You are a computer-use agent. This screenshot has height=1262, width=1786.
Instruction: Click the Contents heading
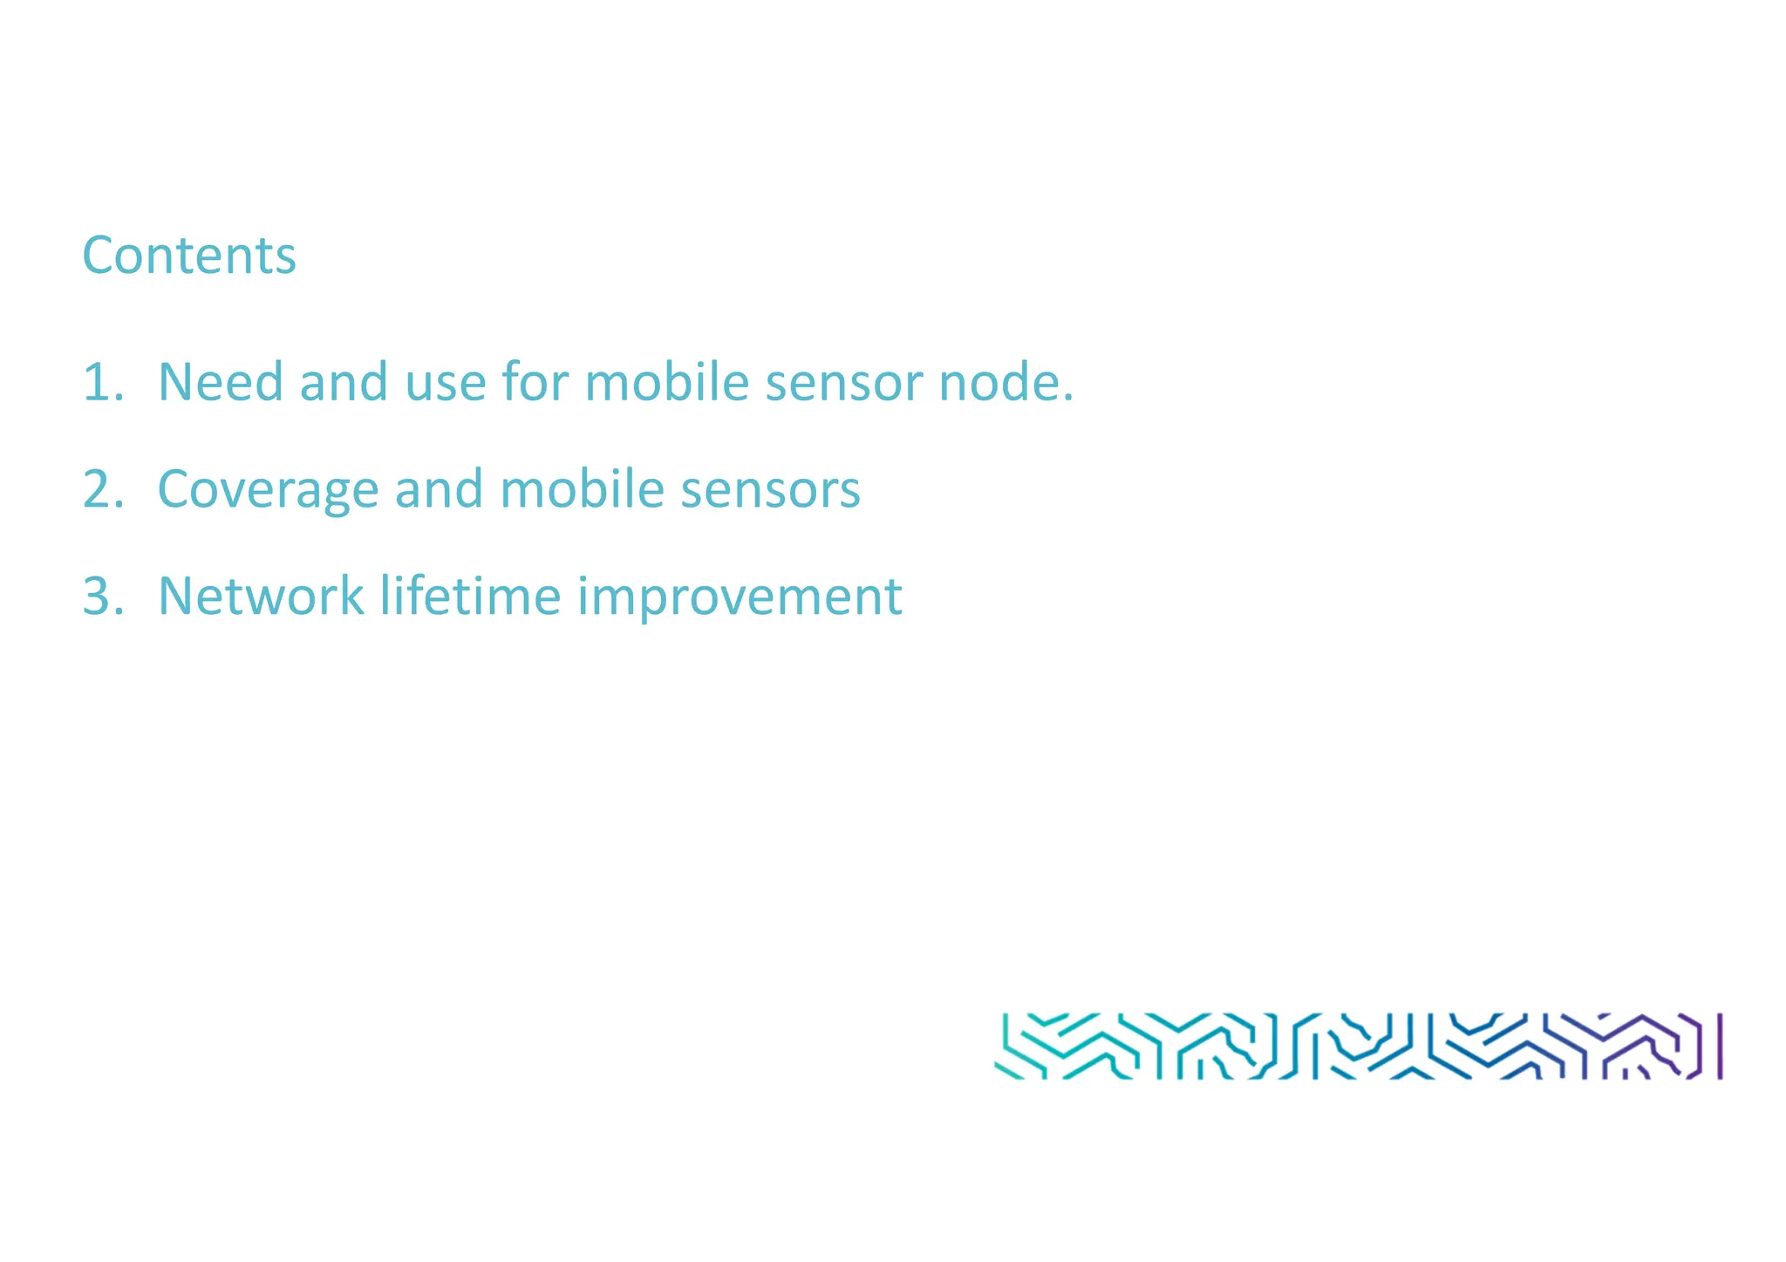point(189,256)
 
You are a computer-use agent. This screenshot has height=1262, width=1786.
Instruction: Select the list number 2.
point(102,489)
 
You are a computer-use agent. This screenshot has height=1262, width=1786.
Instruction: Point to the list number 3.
point(102,597)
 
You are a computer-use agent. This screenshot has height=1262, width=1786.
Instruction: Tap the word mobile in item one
point(666,383)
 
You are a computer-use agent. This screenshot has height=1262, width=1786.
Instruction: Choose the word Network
point(261,597)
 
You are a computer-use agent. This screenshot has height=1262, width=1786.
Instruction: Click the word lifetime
point(470,597)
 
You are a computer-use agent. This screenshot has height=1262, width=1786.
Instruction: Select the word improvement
point(740,598)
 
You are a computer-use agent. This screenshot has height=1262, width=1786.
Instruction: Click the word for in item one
point(535,383)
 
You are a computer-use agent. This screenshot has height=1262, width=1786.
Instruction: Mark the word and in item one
point(344,383)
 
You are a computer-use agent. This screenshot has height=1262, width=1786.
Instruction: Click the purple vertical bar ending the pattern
point(1720,1046)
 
